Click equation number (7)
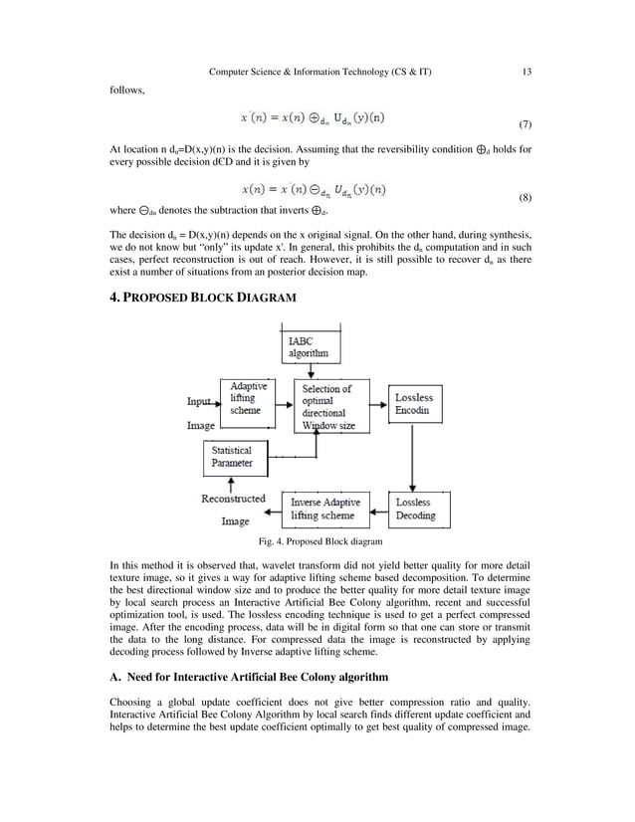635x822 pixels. tap(525, 126)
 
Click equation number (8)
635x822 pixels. tap(525, 198)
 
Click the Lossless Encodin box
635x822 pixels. tap(414, 403)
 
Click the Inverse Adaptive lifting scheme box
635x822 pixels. tap(325, 509)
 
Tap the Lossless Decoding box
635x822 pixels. tap(414, 509)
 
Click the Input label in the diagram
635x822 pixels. tap(199, 402)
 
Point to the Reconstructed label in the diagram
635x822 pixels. tap(233, 499)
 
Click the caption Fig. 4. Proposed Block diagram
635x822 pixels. tap(319, 542)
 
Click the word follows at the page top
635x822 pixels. tap(126, 91)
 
